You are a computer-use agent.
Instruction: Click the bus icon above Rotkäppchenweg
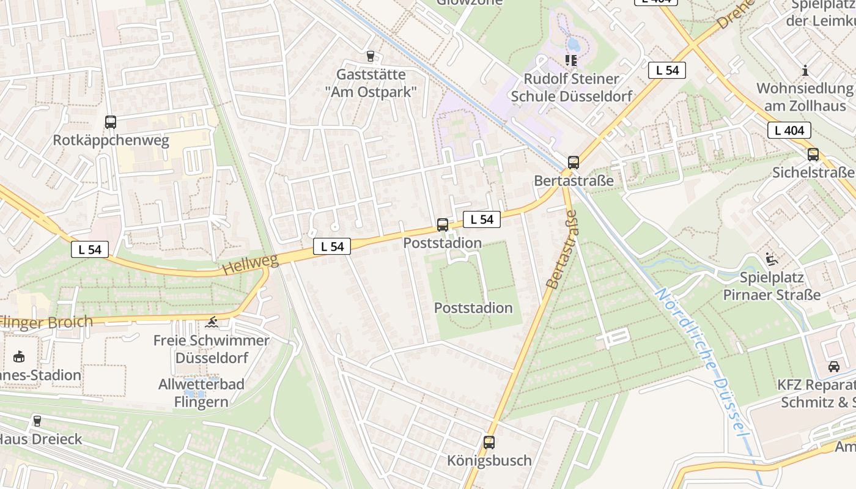click(x=110, y=122)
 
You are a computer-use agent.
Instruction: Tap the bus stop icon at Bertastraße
click(x=573, y=163)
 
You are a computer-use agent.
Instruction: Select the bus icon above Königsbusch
click(x=489, y=442)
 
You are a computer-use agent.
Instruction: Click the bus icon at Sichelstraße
click(x=813, y=155)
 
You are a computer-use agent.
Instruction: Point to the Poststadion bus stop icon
click(x=443, y=225)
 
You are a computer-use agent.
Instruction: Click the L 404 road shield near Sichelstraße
click(x=789, y=130)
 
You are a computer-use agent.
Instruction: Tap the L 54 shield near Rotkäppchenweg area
click(x=90, y=249)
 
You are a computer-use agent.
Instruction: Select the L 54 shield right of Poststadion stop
click(x=482, y=219)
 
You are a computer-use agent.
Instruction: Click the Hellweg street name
click(x=250, y=265)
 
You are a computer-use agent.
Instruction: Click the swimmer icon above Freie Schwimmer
click(x=212, y=322)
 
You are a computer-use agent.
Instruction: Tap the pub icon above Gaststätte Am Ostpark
click(x=370, y=56)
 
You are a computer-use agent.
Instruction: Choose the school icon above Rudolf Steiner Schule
click(x=571, y=60)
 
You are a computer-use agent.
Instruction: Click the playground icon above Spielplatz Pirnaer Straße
click(x=772, y=259)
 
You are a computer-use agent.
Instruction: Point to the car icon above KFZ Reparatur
click(x=833, y=366)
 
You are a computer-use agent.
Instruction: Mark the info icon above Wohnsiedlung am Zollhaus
click(x=805, y=70)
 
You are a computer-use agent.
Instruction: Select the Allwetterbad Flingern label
click(x=201, y=393)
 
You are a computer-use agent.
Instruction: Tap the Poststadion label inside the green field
click(x=473, y=307)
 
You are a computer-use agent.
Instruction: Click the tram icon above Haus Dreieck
click(x=37, y=421)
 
